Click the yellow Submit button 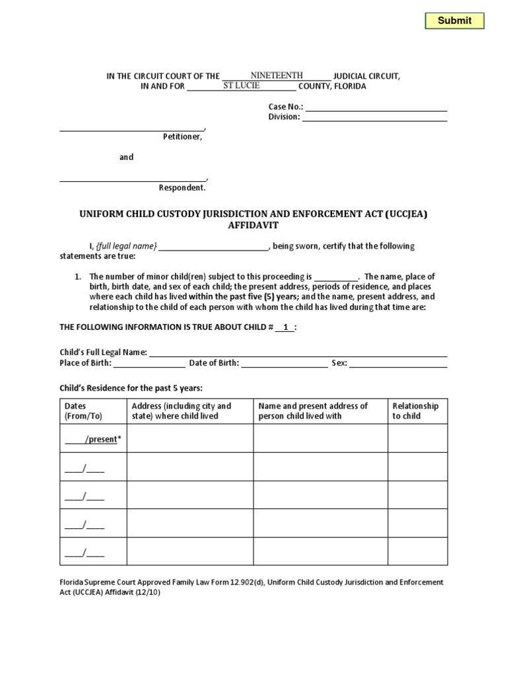tap(454, 20)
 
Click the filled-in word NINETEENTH tap(277, 76)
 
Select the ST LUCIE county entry tap(241, 86)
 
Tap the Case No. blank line tap(376, 107)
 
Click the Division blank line tap(374, 118)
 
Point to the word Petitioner tap(183, 138)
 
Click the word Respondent tap(182, 188)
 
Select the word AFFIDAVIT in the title tap(253, 225)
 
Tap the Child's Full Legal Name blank tap(298, 353)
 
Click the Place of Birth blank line tap(149, 364)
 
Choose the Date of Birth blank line tap(284, 364)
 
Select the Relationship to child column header tap(415, 411)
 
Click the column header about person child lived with tap(313, 411)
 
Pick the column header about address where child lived tap(182, 411)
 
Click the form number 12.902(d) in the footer tap(246, 582)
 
